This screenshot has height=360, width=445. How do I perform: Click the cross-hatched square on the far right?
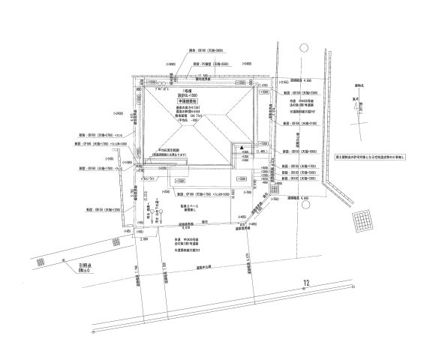(364, 223)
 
